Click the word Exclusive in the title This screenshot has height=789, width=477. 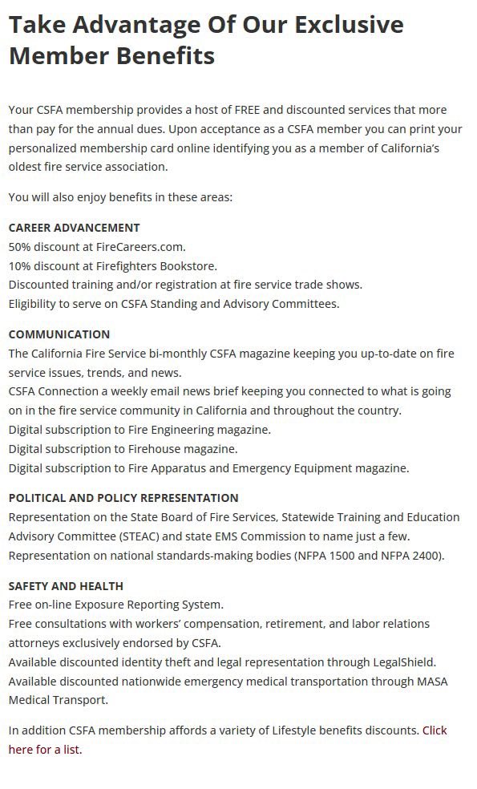(x=349, y=25)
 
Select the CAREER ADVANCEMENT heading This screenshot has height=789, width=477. (x=74, y=228)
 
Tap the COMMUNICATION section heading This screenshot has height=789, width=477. (x=59, y=334)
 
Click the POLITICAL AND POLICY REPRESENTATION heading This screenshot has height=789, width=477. (x=123, y=498)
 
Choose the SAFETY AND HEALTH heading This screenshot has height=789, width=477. (x=66, y=586)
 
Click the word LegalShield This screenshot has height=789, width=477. (x=404, y=662)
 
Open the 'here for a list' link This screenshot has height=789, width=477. (x=45, y=751)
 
